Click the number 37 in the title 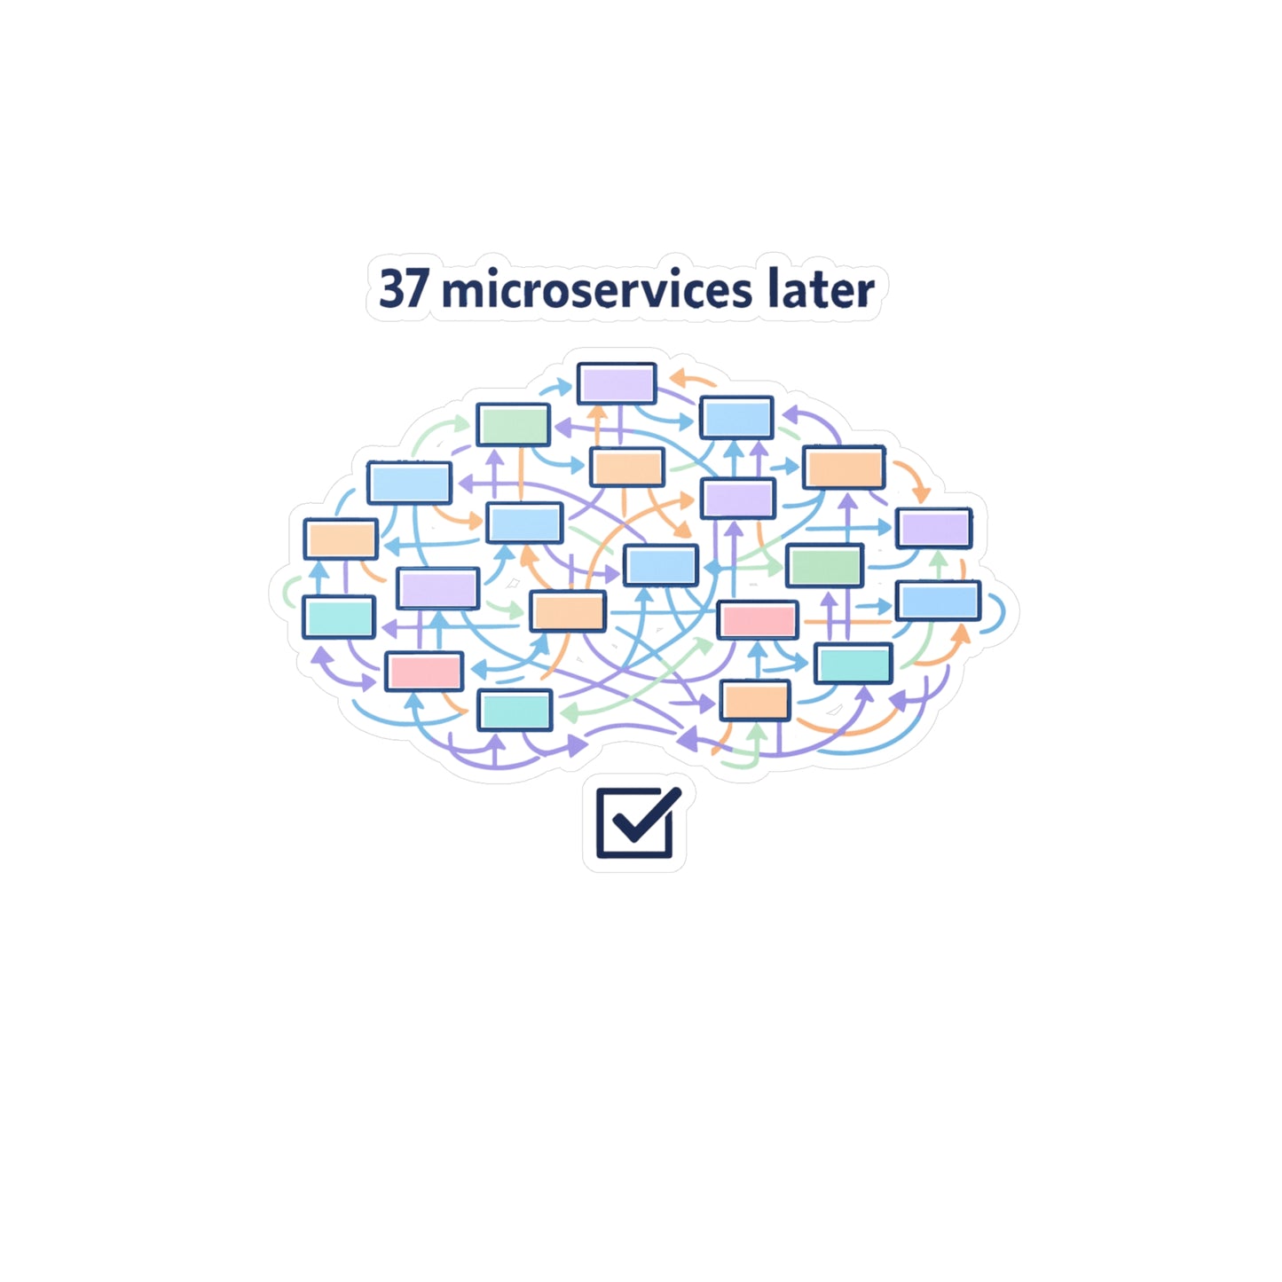tap(402, 289)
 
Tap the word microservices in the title tap(597, 289)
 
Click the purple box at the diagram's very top tap(616, 383)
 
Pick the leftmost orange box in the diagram tap(341, 539)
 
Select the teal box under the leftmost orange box tap(339, 617)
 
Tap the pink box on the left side tap(424, 672)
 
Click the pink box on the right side tap(757, 620)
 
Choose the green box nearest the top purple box tap(513, 424)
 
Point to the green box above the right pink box tap(824, 565)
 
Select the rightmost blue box tap(938, 601)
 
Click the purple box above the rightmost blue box tap(933, 528)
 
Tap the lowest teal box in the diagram tap(515, 710)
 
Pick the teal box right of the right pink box tap(853, 664)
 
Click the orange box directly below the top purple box tap(626, 467)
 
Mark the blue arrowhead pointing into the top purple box tap(564, 386)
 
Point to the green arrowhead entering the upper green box tap(461, 423)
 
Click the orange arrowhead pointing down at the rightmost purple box tap(921, 495)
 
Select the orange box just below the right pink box tap(755, 701)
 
